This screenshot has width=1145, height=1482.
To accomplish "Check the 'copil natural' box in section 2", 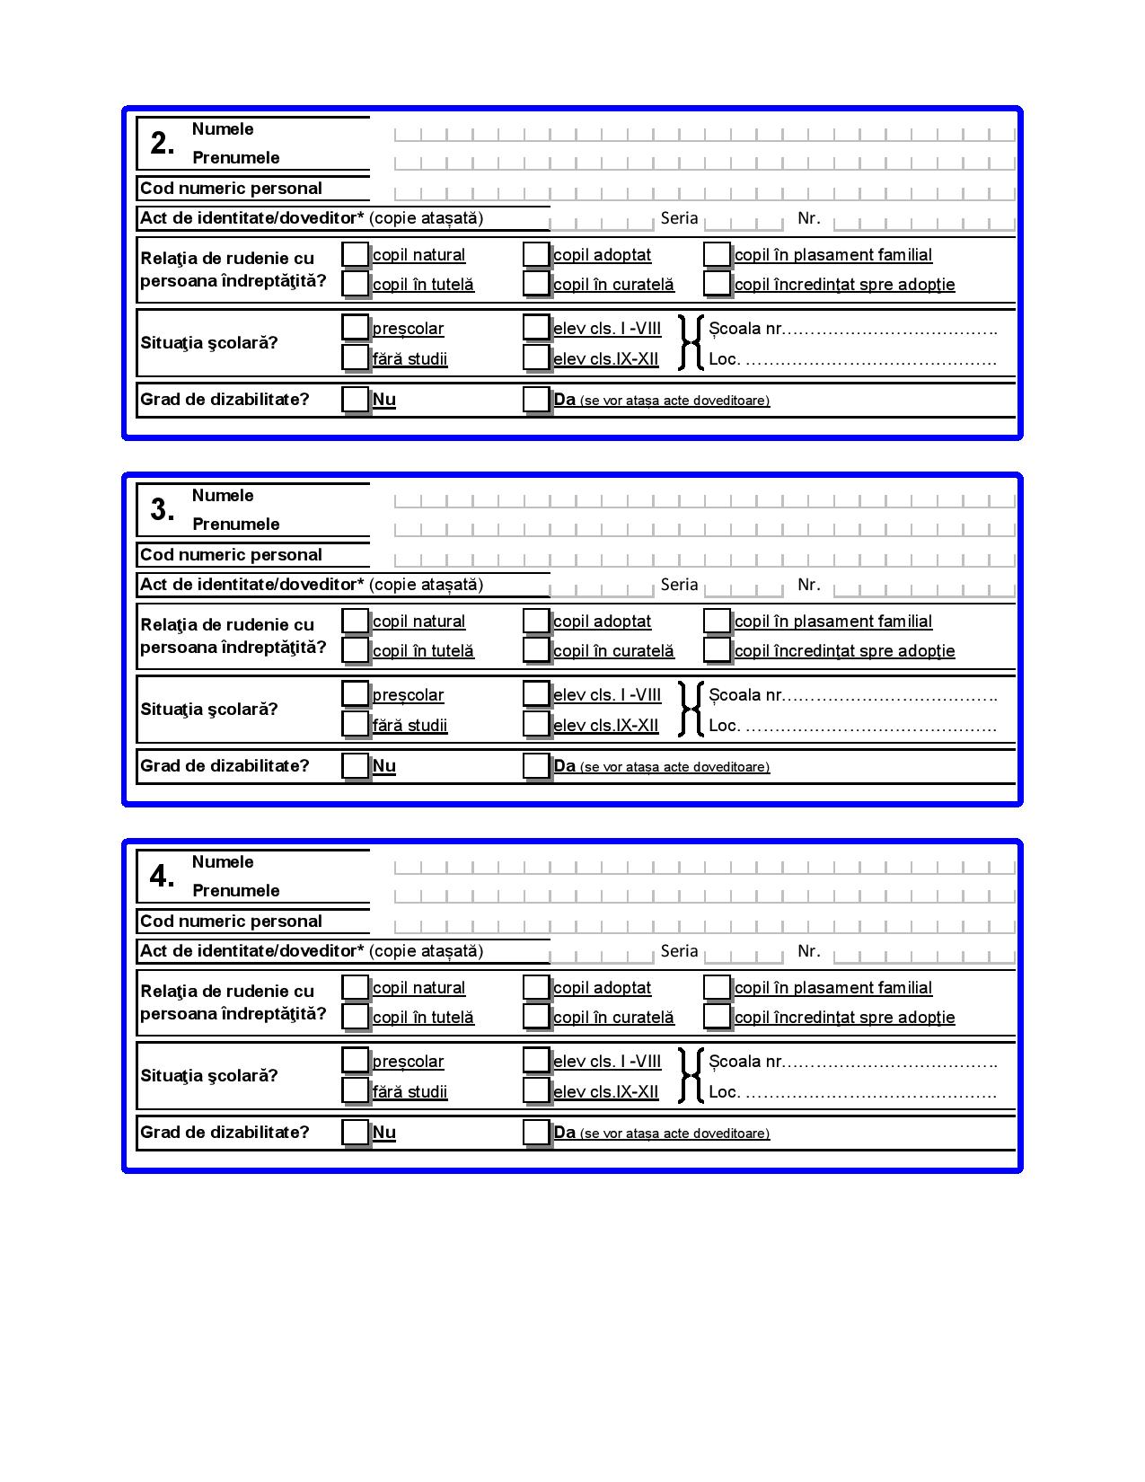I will click(356, 254).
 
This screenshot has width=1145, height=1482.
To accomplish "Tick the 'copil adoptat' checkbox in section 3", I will click(536, 621).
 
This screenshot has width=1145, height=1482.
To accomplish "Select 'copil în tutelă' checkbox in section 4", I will click(356, 1016).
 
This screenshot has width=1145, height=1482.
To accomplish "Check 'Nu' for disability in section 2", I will click(356, 399).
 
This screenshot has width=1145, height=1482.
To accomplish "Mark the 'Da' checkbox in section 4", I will click(536, 1132).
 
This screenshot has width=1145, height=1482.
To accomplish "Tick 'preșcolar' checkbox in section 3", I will click(356, 693).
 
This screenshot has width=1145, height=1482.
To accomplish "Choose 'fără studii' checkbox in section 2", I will click(356, 357).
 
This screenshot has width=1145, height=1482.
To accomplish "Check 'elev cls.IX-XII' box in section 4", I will click(536, 1090).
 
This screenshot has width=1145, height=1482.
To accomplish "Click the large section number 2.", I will click(163, 144).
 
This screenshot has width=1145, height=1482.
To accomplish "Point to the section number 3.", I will click(163, 510).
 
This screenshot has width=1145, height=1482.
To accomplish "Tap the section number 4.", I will click(163, 877).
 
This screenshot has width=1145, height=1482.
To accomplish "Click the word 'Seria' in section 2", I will click(679, 217).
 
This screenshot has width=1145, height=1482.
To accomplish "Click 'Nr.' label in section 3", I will click(808, 585).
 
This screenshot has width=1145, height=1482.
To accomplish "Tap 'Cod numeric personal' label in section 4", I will click(231, 922).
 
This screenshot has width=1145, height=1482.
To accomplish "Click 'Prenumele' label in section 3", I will click(236, 525).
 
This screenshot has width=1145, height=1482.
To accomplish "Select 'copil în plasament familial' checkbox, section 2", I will click(717, 254).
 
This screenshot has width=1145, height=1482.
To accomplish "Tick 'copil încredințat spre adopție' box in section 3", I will click(717, 649).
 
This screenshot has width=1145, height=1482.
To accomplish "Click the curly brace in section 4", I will click(690, 1075).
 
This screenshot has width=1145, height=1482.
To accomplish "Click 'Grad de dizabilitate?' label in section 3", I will click(225, 766).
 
